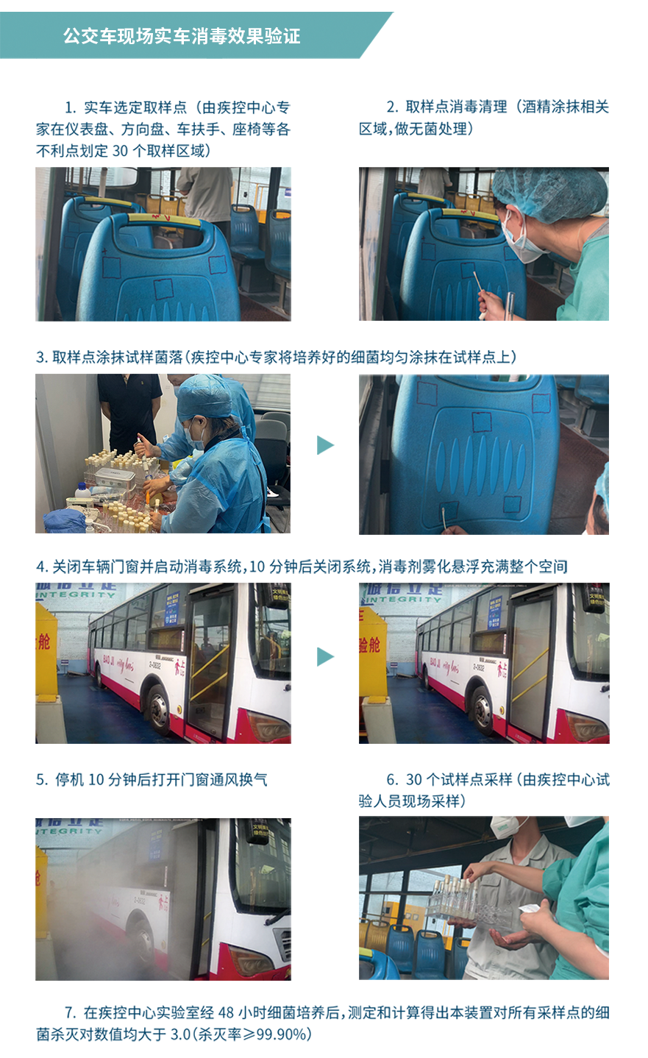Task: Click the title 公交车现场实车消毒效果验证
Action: [x=182, y=36]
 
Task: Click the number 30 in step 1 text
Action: [x=120, y=151]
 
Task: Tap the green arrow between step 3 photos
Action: [x=325, y=445]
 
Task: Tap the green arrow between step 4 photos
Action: [x=325, y=656]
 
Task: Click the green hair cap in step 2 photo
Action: [x=550, y=194]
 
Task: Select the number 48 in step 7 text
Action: [x=226, y=1012]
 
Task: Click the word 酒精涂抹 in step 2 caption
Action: [x=551, y=107]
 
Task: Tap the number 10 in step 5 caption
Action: [x=96, y=779]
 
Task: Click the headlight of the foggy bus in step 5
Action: [x=254, y=959]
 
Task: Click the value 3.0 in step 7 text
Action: [x=180, y=1034]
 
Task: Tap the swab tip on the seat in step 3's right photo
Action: [x=444, y=511]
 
